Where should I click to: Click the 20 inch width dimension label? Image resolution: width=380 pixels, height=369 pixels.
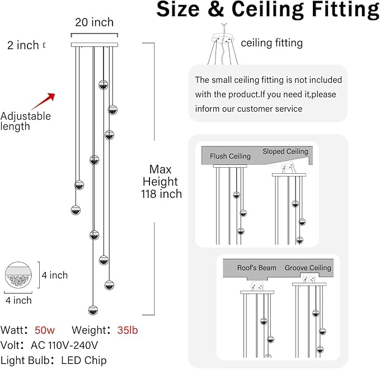[x=94, y=22]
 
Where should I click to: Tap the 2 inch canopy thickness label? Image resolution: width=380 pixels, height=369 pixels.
[x=23, y=45]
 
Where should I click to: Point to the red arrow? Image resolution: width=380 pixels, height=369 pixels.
[x=44, y=101]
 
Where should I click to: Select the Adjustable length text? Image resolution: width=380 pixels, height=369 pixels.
[x=25, y=121]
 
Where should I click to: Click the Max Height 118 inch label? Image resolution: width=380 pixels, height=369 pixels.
[x=161, y=182]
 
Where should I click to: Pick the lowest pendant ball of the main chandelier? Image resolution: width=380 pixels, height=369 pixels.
[x=93, y=310]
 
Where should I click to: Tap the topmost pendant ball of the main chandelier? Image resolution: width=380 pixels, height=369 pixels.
[x=103, y=85]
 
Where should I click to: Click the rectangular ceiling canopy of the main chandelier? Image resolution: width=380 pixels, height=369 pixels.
[x=95, y=45]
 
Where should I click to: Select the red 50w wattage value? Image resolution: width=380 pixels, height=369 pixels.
[x=45, y=330]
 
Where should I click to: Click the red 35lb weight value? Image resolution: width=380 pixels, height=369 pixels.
[x=128, y=330]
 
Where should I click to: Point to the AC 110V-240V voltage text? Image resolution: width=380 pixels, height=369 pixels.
[x=64, y=346]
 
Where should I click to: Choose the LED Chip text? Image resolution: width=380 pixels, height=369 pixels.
[x=84, y=361]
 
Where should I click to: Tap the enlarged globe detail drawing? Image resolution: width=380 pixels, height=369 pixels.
[x=18, y=275]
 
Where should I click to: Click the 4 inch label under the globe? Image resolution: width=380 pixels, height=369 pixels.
[x=18, y=300]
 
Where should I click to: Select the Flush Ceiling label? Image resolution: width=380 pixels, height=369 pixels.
[x=230, y=156]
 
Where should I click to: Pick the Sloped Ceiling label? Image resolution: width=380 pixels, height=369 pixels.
[x=285, y=152]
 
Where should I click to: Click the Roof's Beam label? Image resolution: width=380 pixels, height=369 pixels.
[x=257, y=268]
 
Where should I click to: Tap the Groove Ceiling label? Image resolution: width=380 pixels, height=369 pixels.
[x=308, y=268]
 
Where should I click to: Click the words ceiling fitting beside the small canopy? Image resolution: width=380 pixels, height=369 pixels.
[x=271, y=43]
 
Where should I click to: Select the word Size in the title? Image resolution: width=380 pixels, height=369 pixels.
[x=178, y=9]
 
